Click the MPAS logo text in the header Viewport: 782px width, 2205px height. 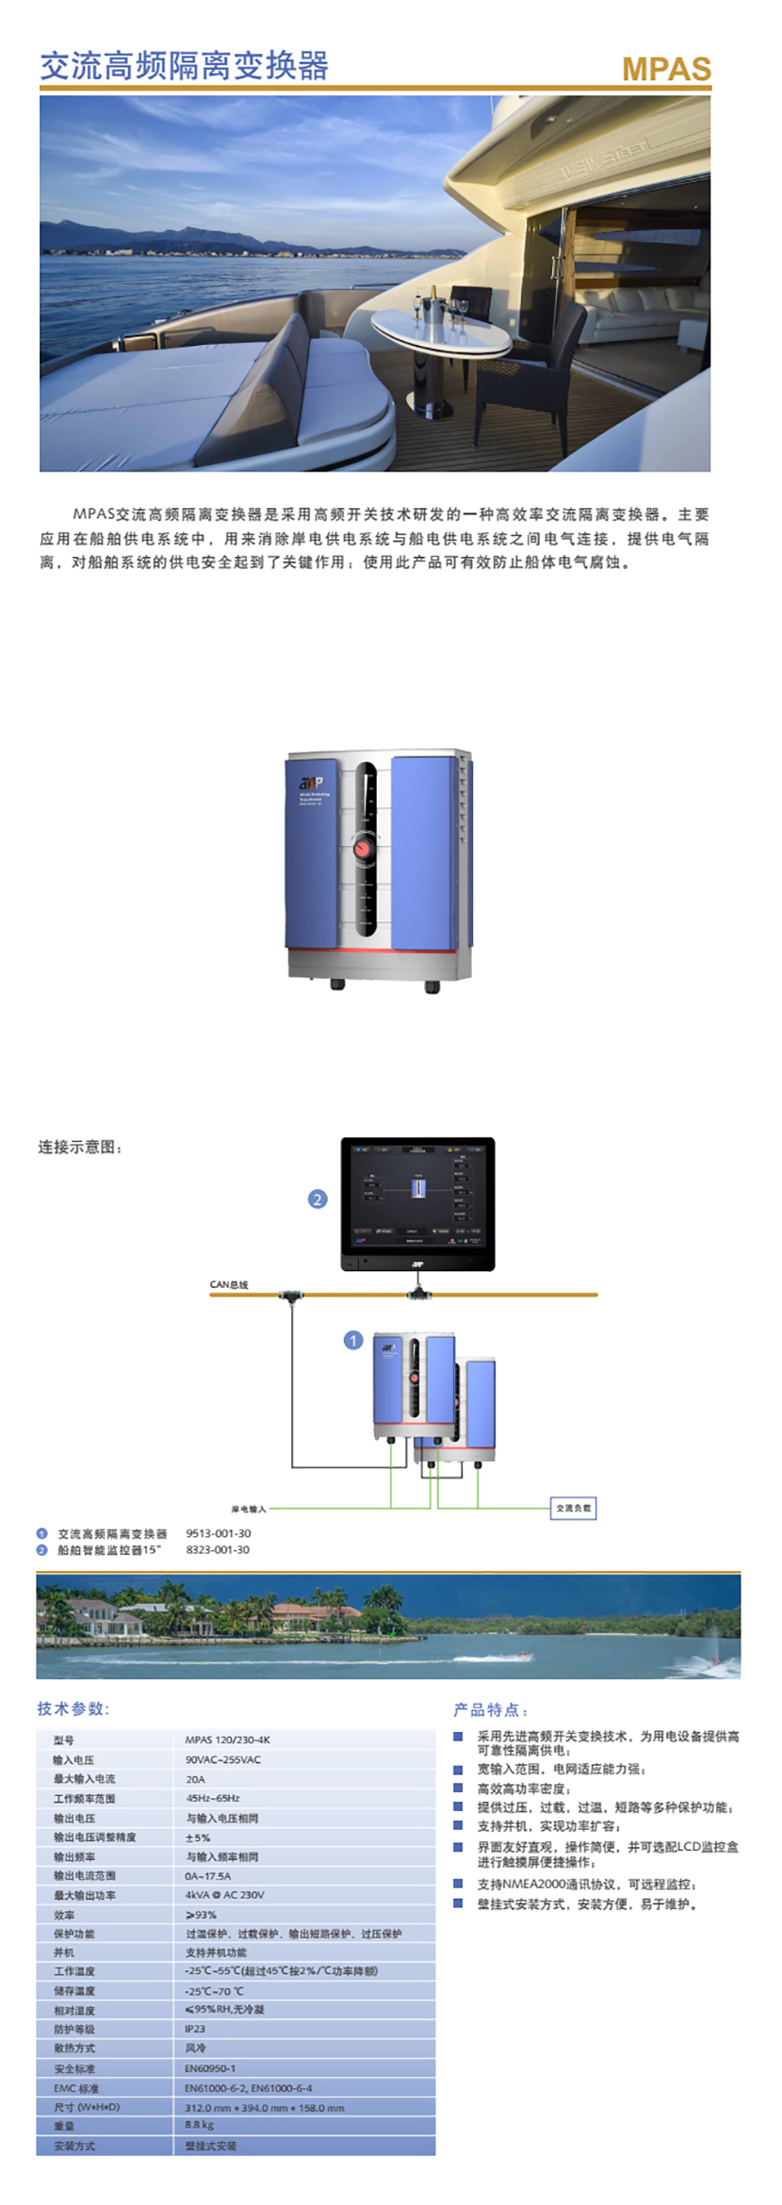tap(666, 69)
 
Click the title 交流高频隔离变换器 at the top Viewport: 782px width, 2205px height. tap(185, 65)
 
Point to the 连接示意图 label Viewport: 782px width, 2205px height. tap(80, 1147)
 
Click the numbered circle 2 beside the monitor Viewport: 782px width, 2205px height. tap(318, 1199)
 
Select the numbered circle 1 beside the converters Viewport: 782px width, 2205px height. tap(353, 1340)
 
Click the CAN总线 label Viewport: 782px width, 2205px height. tap(229, 1284)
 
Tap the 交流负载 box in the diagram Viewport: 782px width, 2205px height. tap(573, 1508)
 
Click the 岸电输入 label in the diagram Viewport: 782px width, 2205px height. tap(249, 1509)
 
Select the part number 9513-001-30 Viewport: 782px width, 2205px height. tap(218, 1533)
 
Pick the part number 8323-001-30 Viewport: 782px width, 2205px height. tap(218, 1549)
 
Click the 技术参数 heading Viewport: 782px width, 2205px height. tap(73, 1708)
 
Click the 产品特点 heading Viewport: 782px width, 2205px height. tap(490, 1709)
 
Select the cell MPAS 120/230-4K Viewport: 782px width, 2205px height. tap(227, 1739)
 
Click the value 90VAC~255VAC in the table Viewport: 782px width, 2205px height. tap(223, 1759)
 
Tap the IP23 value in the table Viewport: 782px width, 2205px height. tap(195, 2029)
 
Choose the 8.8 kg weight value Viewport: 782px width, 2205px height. tap(200, 2125)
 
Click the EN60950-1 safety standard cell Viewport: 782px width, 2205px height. tap(210, 2068)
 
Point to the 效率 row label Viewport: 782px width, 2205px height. tap(64, 1915)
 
